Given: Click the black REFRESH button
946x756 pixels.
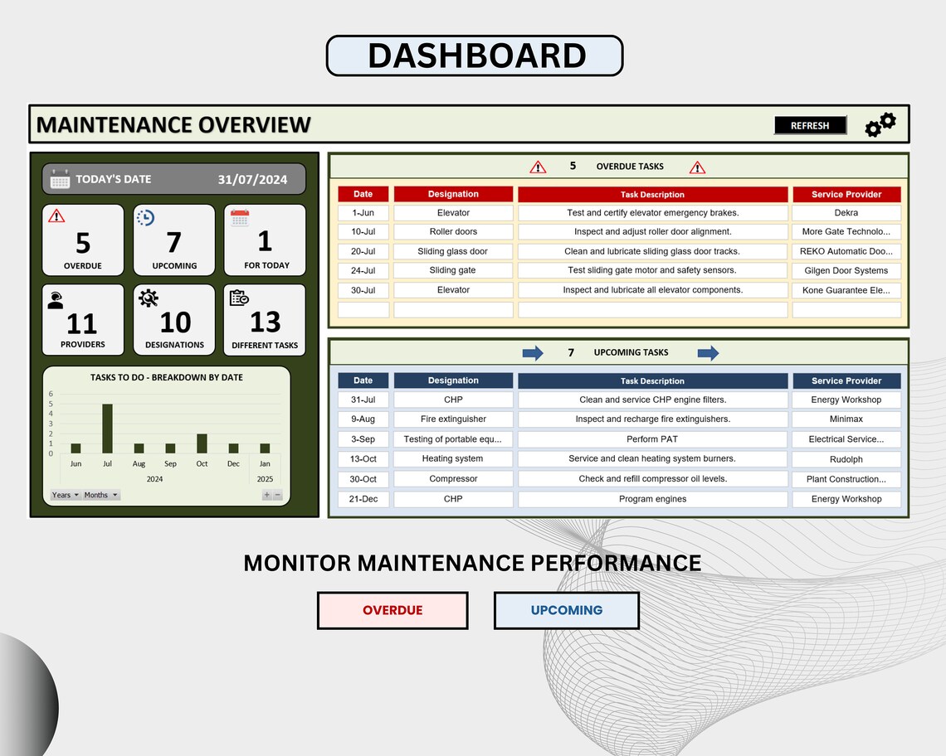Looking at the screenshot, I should coord(810,125).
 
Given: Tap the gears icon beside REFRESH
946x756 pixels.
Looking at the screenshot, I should coord(880,124).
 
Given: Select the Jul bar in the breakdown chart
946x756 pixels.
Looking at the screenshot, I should coord(107,429).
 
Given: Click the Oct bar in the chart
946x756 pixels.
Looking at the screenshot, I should coord(202,443).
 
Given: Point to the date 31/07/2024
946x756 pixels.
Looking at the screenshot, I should coord(252,179).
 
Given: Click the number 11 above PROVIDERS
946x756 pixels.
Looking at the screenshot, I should coord(82,323).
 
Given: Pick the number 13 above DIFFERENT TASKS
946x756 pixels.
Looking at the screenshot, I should coord(265,322).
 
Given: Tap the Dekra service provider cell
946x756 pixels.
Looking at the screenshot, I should coord(846,213).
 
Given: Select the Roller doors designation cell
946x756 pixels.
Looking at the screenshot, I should coord(453,232).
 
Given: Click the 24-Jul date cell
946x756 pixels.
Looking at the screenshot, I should coord(363,270).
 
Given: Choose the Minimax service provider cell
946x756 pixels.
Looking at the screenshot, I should coord(846,419).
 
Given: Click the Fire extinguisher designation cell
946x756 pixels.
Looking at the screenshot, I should coord(453,419).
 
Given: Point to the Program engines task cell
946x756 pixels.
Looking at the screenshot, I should coord(652,499).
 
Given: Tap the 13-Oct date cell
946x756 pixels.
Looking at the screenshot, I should coord(363,459).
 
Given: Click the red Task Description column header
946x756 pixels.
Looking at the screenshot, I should coord(652,195).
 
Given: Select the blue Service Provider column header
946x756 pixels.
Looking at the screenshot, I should coord(846,380).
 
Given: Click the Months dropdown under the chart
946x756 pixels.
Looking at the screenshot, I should coord(100,495).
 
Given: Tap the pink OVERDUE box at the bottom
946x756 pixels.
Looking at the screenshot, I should coord(393,610).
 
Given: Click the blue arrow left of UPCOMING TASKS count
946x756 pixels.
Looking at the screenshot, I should coord(533,353).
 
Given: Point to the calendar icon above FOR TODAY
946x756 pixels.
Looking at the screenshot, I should coord(240,218).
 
